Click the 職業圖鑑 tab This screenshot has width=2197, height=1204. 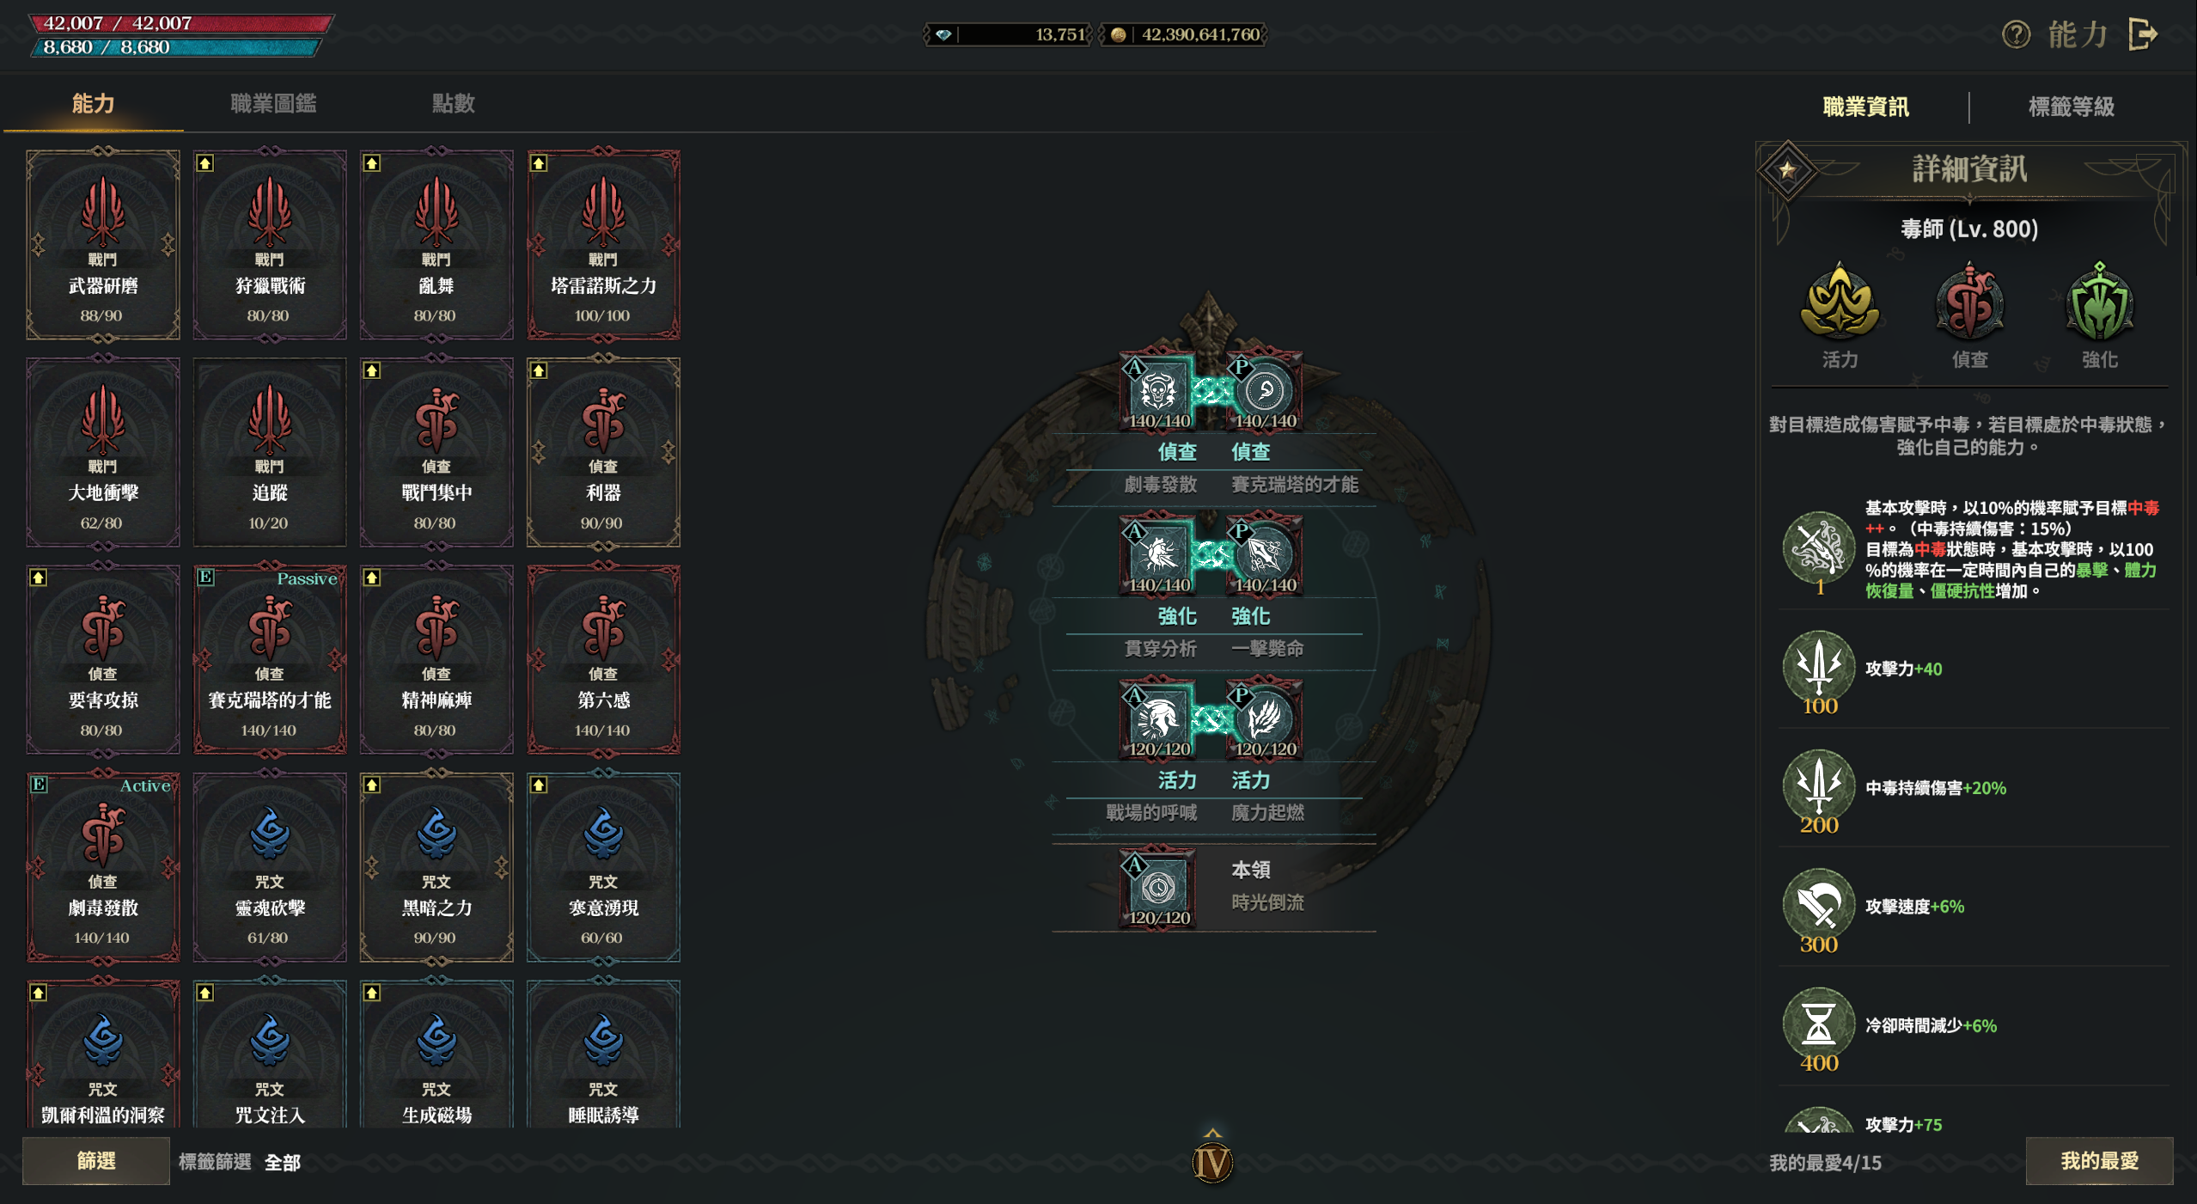273,104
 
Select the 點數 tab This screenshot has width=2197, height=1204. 453,104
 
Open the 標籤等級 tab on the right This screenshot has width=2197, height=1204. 2071,107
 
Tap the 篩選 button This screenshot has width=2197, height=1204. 95,1161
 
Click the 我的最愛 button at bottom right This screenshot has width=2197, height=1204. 2098,1161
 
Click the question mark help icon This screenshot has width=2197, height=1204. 2016,35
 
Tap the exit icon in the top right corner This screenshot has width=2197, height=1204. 2144,35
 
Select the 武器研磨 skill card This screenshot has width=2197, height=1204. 103,244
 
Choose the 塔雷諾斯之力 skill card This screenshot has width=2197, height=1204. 603,244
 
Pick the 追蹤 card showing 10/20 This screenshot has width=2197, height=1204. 270,452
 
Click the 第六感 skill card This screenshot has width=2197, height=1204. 603,659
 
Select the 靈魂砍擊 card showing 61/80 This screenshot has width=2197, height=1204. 270,866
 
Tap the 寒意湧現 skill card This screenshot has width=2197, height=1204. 603,866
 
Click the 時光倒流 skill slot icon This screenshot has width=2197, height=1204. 1158,887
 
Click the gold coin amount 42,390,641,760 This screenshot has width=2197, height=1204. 1199,35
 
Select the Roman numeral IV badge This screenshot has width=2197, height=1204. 1212,1163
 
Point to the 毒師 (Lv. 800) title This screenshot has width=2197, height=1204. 1968,229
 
